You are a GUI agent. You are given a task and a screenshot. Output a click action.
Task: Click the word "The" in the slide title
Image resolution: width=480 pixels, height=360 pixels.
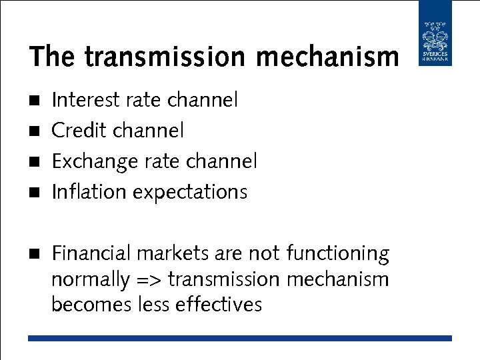[53, 57]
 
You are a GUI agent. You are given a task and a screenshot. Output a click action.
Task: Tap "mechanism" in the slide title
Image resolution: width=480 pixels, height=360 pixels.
[327, 57]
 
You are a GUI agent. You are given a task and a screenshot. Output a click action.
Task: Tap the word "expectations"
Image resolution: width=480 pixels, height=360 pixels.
[190, 193]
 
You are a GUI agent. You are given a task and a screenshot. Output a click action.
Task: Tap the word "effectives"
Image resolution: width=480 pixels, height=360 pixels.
[219, 305]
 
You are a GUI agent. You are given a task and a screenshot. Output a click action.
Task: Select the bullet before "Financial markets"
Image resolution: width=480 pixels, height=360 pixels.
[35, 254]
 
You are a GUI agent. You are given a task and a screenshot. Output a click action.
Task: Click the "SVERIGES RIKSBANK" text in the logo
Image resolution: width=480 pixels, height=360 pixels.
[435, 58]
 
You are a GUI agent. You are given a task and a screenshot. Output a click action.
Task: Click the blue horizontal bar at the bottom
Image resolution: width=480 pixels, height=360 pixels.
[240, 339]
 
